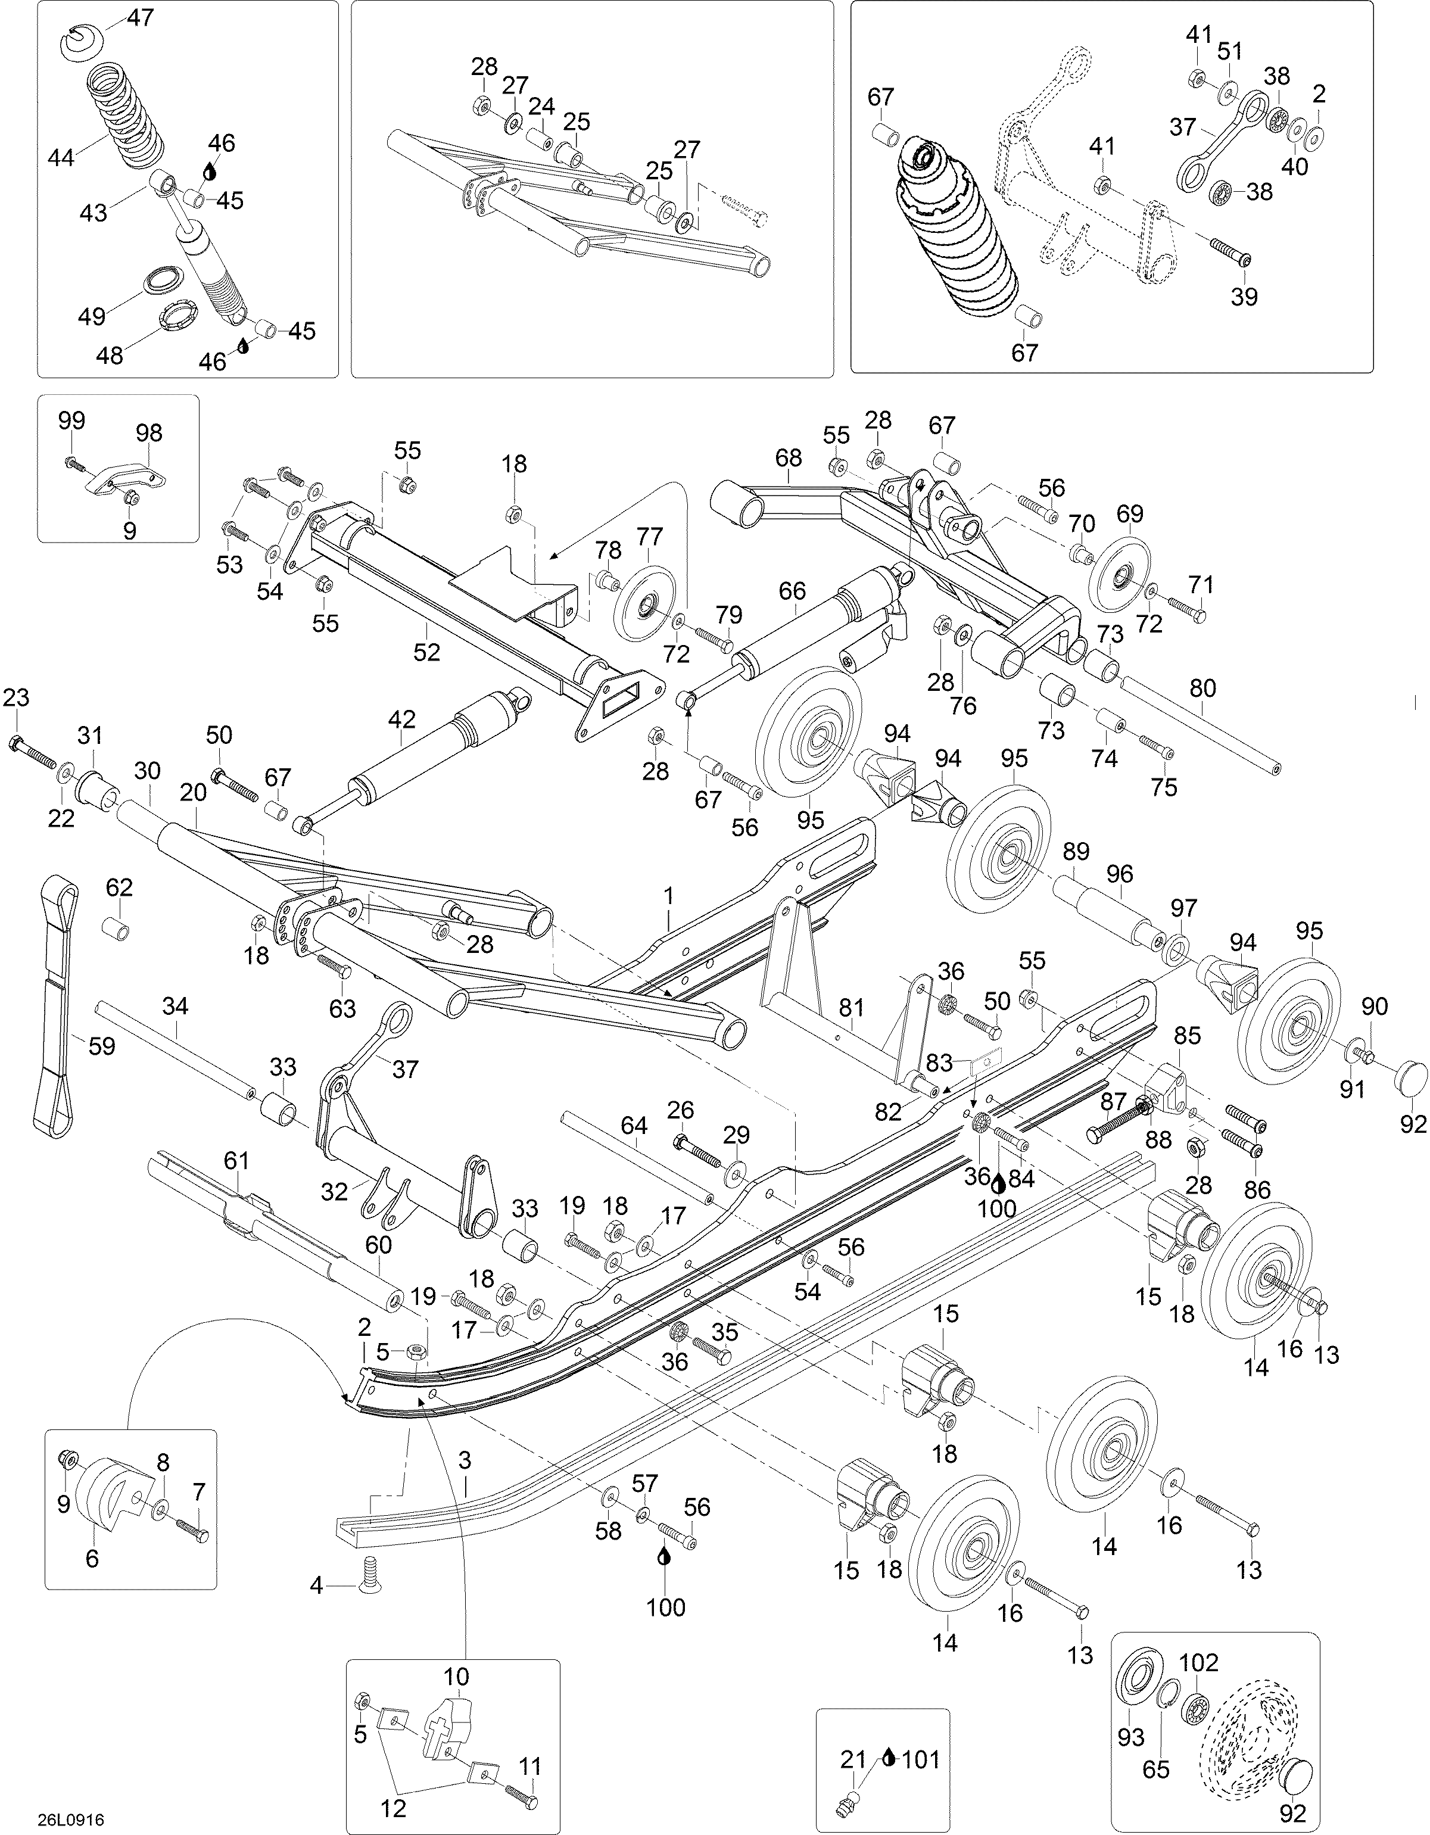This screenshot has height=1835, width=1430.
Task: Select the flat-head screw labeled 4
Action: [x=369, y=1585]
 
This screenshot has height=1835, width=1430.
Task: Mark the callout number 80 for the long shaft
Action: [x=1203, y=688]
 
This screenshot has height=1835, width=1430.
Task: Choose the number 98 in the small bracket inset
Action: [x=149, y=433]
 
